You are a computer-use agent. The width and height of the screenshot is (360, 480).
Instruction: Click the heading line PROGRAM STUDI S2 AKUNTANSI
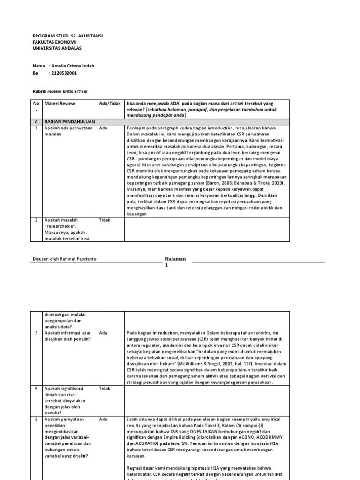(68, 36)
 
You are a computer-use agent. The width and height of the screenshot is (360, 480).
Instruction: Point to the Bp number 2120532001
(63, 73)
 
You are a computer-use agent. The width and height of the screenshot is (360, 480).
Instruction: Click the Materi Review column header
(60, 103)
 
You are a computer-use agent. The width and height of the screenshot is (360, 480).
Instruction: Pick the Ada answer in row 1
(103, 128)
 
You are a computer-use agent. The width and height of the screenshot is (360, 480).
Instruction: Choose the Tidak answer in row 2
(105, 220)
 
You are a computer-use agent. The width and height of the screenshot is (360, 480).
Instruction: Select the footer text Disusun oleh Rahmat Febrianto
(65, 259)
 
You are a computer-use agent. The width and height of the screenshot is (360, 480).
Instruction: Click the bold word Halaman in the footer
(176, 258)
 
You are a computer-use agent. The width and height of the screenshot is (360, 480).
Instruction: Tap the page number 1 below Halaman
(166, 265)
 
